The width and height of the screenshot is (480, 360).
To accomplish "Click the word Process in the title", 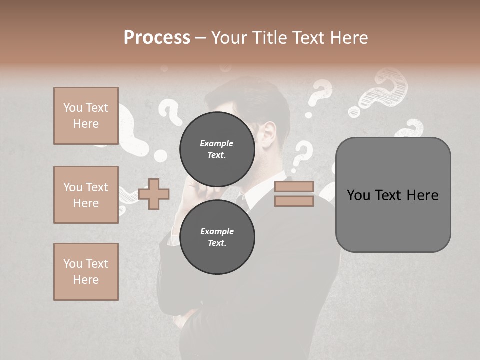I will point(157,38).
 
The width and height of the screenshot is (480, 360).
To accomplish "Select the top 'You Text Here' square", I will point(86,116).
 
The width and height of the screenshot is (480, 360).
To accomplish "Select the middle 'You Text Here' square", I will point(86,195).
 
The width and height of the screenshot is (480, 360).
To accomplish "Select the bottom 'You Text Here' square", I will point(86,272).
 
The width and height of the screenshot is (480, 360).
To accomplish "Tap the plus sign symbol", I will point(154,194).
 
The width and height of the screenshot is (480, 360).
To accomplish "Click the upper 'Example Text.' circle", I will point(217,149).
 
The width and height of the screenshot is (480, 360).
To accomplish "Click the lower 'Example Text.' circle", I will point(217,237).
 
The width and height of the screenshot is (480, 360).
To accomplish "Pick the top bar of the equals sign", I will point(294,186).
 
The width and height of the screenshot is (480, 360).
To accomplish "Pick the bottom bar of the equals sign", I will point(294,201).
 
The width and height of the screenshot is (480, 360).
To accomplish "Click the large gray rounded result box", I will point(393,195).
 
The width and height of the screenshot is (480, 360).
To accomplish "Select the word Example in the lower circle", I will point(217,231).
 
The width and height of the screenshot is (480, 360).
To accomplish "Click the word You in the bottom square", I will point(73,264).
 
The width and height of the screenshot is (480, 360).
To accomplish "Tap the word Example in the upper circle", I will point(217,143).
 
